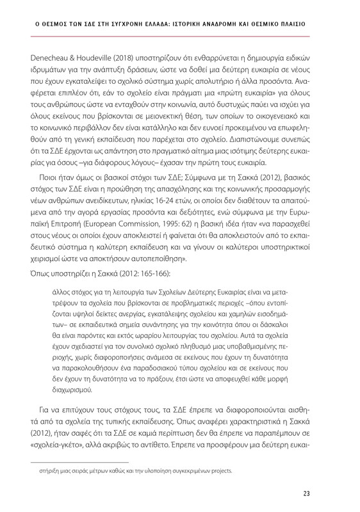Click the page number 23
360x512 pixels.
(x=325, y=493)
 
